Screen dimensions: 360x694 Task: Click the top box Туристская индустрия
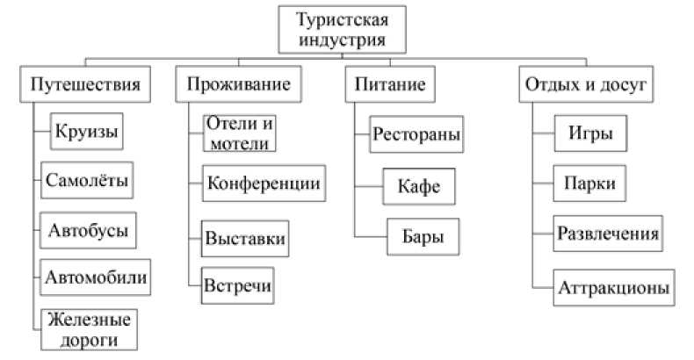tap(339, 29)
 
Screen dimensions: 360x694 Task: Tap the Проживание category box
tap(238, 86)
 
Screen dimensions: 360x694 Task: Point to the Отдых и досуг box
tap(584, 86)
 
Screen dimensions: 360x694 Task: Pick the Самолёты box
tap(87, 182)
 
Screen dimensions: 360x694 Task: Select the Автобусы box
tap(88, 231)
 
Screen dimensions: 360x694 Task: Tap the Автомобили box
tap(96, 277)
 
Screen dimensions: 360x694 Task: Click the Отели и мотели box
tap(239, 133)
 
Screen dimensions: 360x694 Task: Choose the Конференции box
tap(261, 184)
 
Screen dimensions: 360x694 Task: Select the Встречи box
tap(238, 284)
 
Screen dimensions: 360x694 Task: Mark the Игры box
tap(583, 135)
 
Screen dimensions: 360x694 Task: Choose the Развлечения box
tap(608, 234)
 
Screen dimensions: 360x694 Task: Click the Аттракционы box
tap(615, 287)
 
